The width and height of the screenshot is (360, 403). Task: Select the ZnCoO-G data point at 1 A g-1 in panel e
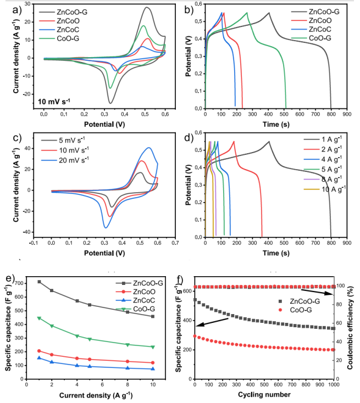coord(39,282)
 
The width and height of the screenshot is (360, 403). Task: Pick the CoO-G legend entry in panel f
coord(309,310)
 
